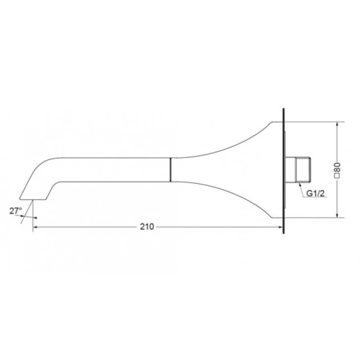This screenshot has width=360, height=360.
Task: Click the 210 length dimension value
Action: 147,226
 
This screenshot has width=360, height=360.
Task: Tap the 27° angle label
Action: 16,210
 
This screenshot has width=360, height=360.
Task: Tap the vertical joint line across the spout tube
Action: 170,169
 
